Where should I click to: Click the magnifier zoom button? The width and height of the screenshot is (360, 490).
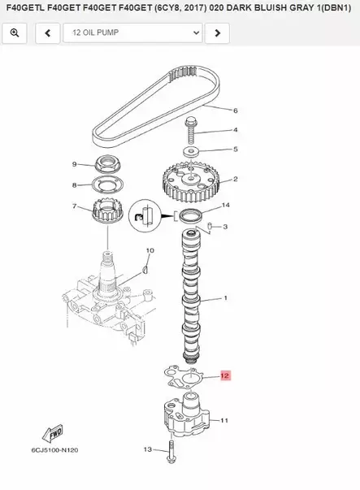tap(15, 33)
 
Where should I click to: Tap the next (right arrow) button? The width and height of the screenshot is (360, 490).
tap(217, 33)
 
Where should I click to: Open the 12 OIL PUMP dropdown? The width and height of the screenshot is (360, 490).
tap(132, 33)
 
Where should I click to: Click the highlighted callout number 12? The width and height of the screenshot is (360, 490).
tap(225, 375)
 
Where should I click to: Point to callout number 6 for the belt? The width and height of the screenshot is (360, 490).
tap(236, 111)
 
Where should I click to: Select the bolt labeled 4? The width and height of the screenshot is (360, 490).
tap(190, 131)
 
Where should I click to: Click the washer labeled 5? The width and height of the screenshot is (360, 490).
tap(191, 152)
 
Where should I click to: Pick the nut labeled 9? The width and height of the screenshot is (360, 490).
tap(108, 164)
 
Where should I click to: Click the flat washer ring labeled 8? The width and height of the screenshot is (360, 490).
tap(108, 185)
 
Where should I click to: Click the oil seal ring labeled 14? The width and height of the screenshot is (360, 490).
tap(190, 216)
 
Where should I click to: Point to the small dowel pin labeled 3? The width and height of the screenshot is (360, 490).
tap(210, 226)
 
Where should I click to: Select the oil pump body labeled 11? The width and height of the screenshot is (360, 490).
tap(185, 414)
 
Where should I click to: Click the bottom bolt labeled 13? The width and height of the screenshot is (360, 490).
tap(171, 452)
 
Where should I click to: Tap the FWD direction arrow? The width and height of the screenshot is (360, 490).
tap(54, 433)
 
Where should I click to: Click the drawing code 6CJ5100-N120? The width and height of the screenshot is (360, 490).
tap(54, 450)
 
